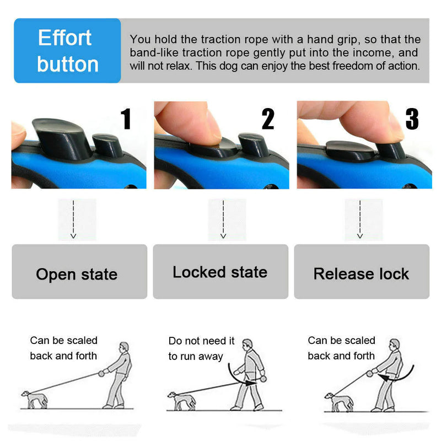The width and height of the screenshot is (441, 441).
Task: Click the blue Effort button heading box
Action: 67,51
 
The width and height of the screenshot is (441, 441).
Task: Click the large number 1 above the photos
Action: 126,119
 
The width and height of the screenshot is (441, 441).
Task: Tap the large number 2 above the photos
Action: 268,119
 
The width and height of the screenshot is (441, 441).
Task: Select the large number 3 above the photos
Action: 412,119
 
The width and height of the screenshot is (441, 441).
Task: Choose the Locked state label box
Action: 220,272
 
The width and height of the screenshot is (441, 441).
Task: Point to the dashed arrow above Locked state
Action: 223,219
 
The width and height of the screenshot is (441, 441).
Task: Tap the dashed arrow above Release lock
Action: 360,219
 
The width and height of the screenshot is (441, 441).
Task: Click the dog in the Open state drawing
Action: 34,399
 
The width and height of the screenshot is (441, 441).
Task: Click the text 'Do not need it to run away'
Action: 201,348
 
